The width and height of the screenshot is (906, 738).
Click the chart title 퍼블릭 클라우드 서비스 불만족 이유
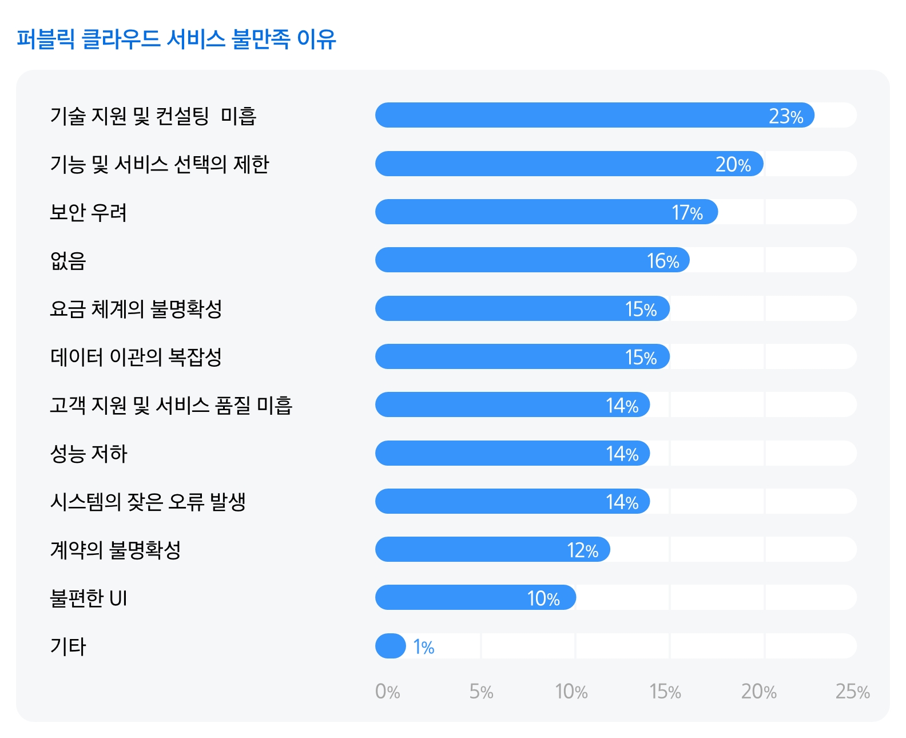point(176,39)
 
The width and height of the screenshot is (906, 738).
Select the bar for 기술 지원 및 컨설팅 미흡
point(572,115)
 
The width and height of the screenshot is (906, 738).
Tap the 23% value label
point(786,116)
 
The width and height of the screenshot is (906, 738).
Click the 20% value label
point(733,164)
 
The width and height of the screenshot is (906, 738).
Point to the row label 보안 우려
point(88,212)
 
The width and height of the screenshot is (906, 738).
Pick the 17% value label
point(687,213)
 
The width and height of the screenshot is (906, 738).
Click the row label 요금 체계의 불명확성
point(136,309)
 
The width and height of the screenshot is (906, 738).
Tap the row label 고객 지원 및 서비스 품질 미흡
point(171,405)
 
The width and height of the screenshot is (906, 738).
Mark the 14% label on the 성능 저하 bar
point(622,454)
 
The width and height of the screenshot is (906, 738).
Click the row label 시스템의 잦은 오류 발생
point(148,502)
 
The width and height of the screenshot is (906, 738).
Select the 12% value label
point(582,550)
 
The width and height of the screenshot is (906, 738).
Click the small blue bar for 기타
point(391,646)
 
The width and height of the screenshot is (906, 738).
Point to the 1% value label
point(424,647)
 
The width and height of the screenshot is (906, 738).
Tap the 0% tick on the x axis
point(387,692)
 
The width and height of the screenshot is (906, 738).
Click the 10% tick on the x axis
point(571,692)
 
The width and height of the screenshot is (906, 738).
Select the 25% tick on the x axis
point(852,692)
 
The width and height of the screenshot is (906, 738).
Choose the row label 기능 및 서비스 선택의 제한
point(159,164)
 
